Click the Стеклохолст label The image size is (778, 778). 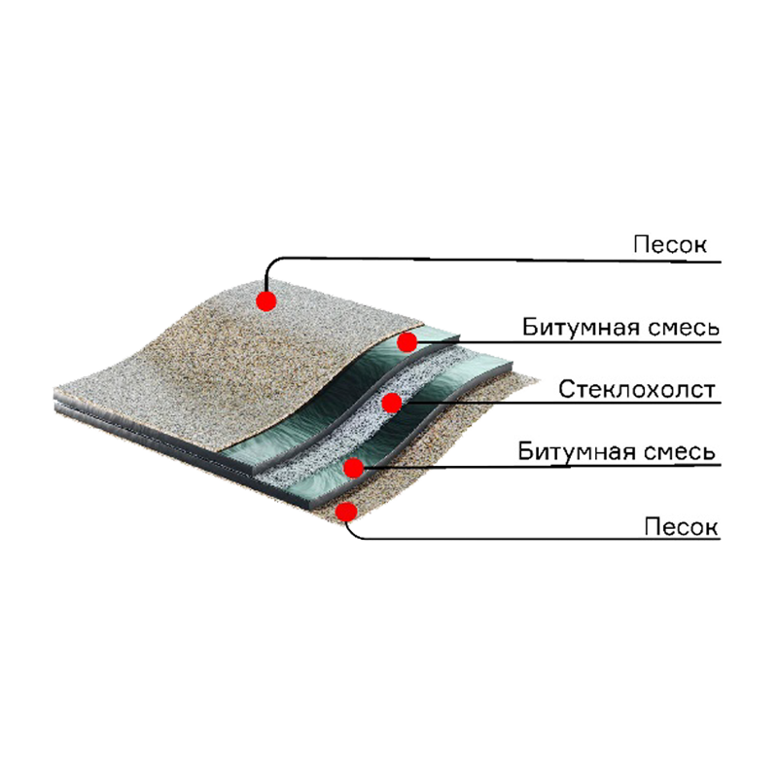point(637,390)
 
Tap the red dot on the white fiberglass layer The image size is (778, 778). point(392,403)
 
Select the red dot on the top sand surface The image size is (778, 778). point(266,301)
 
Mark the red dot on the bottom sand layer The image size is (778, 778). point(347,512)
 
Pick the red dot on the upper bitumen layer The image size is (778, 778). point(407,342)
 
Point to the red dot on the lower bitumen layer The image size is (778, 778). point(353,468)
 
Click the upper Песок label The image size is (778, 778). point(670,245)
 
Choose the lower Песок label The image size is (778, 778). point(682,526)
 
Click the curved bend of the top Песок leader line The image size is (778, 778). point(273,264)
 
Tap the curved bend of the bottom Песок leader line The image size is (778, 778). point(353,533)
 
